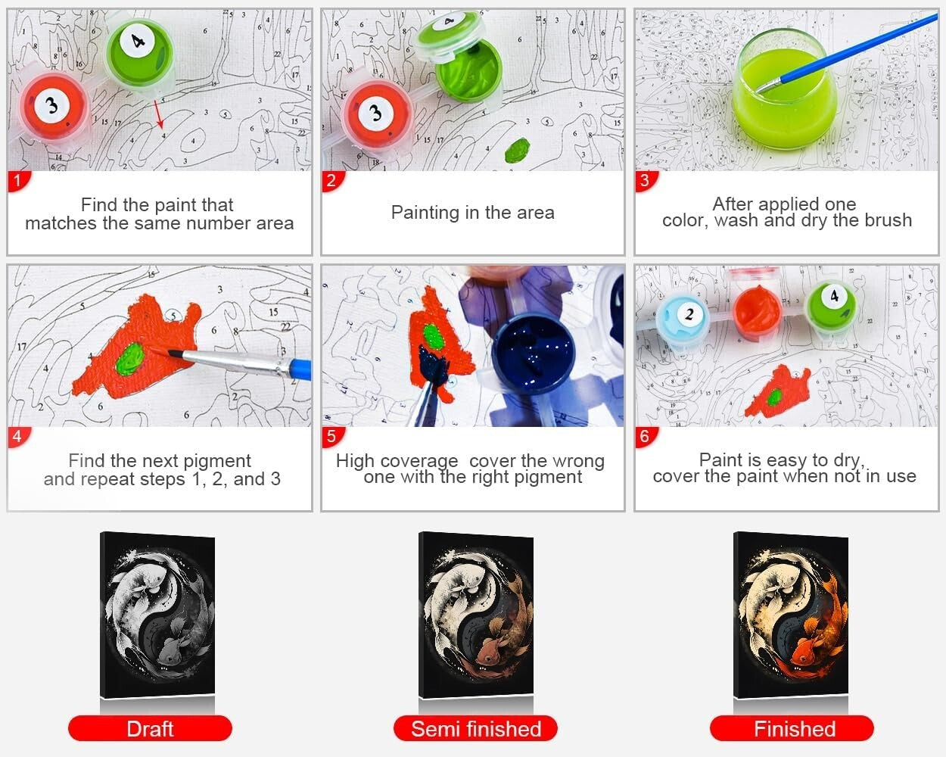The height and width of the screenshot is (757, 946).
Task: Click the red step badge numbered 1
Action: pyautogui.click(x=17, y=180)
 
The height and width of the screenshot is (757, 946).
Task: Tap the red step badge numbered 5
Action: pyautogui.click(x=331, y=436)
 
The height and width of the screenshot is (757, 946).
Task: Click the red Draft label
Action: pyautogui.click(x=150, y=729)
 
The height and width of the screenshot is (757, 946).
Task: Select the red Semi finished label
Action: pyautogui.click(x=475, y=729)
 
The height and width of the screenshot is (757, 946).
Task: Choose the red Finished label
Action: pyautogui.click(x=792, y=729)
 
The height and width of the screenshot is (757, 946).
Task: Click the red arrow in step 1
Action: pyautogui.click(x=158, y=113)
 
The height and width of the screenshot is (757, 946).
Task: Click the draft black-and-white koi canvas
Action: pyautogui.click(x=158, y=615)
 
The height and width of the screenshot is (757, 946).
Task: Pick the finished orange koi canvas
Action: pyautogui.click(x=791, y=615)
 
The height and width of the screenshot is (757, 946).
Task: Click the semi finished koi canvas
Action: pyautogui.click(x=476, y=615)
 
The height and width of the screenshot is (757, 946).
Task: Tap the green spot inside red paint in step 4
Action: pyautogui.click(x=132, y=354)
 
